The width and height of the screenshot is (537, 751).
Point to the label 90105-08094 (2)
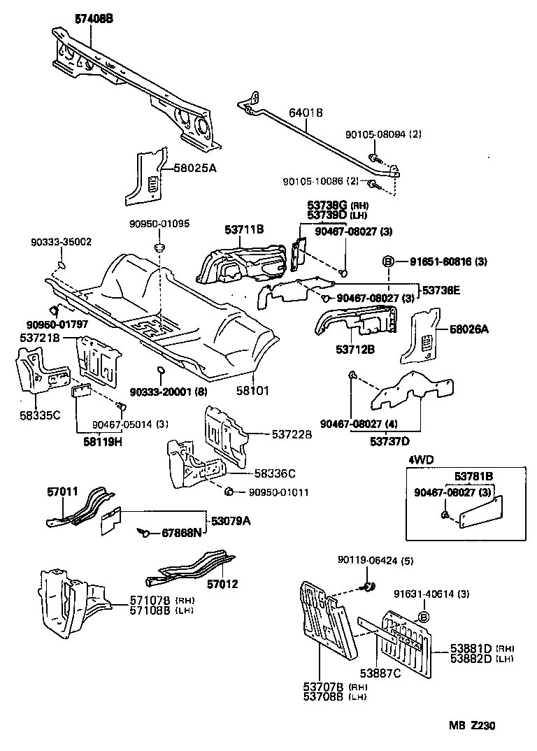coord(383,134)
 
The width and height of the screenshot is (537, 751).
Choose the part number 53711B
coord(244,229)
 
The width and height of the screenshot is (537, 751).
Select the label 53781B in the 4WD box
coord(475,476)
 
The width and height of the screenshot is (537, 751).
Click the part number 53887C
coord(380,673)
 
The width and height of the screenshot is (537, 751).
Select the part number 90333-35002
coord(61,242)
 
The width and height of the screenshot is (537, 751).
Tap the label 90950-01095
coord(159,224)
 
